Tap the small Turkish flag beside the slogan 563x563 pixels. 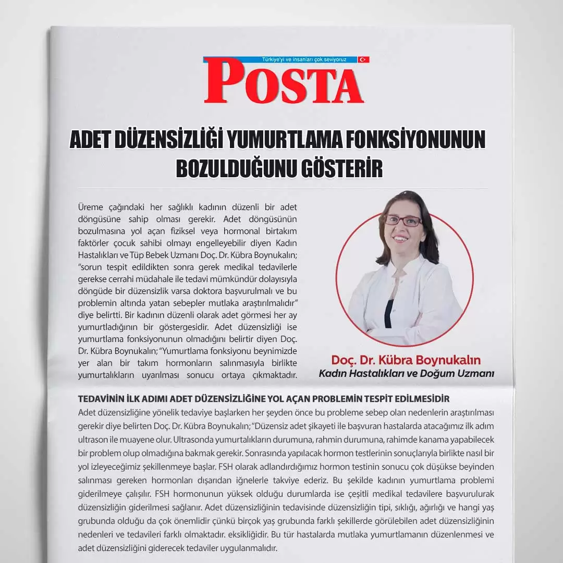(363, 59)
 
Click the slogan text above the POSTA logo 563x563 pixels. (304, 59)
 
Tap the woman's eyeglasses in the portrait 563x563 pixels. (403, 221)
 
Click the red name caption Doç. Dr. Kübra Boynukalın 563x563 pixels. (406, 360)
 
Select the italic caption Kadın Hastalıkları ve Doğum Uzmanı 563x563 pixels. (406, 374)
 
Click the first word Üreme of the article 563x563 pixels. (91, 206)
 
